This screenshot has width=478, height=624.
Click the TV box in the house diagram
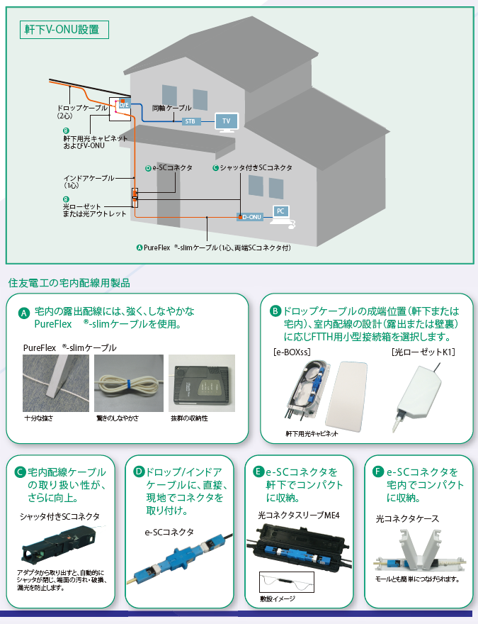pyautogui.click(x=227, y=122)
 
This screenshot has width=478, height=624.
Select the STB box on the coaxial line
pyautogui.click(x=190, y=122)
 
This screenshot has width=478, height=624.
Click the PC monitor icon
pyautogui.click(x=281, y=212)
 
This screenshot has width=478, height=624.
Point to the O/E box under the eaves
pyautogui.click(x=123, y=105)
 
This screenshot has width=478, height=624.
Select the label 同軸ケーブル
pyautogui.click(x=171, y=107)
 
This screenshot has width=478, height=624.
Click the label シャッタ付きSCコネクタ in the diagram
pyautogui.click(x=256, y=168)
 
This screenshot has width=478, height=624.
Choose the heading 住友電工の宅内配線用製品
pyautogui.click(x=69, y=283)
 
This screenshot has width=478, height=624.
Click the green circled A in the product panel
pyautogui.click(x=23, y=313)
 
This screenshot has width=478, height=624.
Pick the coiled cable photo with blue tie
pyautogui.click(x=128, y=383)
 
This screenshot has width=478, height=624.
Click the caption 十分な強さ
pyautogui.click(x=38, y=418)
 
